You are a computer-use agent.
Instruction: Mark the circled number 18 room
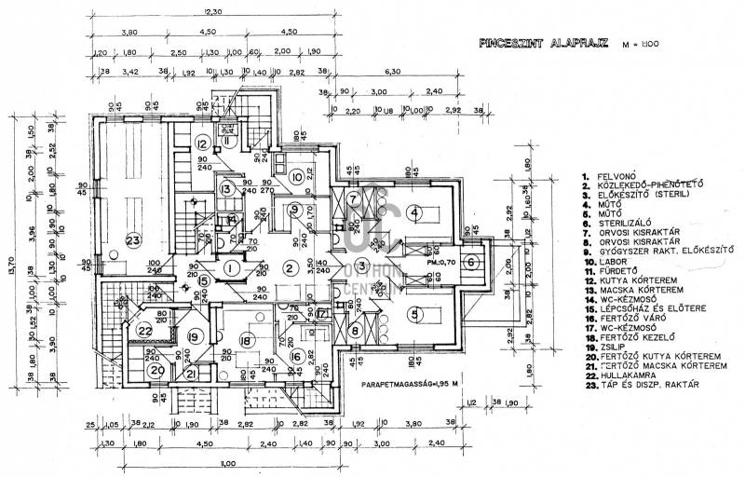[246, 342]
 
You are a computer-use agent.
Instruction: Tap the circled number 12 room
[202, 143]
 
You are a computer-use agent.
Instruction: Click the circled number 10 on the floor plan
[295, 176]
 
